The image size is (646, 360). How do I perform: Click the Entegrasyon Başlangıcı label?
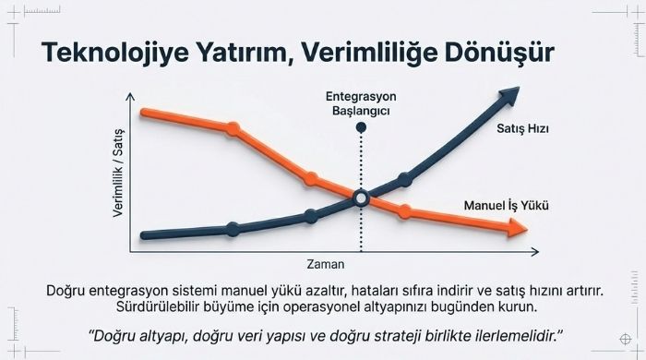(x=361, y=102)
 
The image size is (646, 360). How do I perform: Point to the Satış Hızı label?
(x=522, y=130)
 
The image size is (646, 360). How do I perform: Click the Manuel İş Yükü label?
(x=504, y=205)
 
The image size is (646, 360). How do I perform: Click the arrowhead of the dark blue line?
(x=508, y=96)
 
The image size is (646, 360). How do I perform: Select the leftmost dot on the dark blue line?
(x=232, y=229)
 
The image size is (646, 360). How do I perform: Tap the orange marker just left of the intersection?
(x=311, y=178)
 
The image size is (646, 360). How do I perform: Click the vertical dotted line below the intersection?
(x=361, y=231)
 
